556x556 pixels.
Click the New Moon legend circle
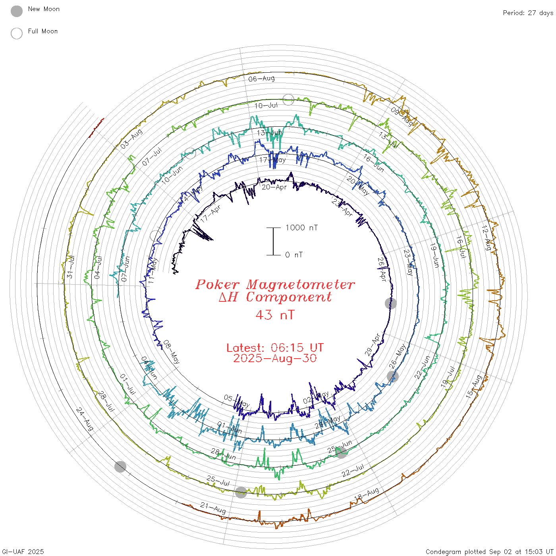click(x=17, y=12)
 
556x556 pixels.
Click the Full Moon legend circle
click(x=17, y=33)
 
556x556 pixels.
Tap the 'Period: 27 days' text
click(x=528, y=13)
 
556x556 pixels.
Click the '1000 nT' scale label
click(x=302, y=228)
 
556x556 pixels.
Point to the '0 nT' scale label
click(x=294, y=255)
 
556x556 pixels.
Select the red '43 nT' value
click(x=275, y=315)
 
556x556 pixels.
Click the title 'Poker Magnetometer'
click(x=275, y=284)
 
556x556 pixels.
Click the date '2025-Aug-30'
click(x=275, y=359)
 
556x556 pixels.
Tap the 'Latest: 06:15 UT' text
click(x=275, y=348)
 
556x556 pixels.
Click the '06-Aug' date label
click(x=261, y=79)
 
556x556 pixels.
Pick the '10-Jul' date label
click(x=266, y=106)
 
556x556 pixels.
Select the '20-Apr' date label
click(x=274, y=187)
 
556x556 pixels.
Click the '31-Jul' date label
click(x=70, y=266)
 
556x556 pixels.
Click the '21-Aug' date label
click(x=213, y=508)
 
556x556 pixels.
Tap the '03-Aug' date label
click(x=131, y=139)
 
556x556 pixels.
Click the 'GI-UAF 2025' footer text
click(x=23, y=552)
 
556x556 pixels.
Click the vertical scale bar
click(x=273, y=241)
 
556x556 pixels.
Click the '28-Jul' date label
click(x=106, y=402)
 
